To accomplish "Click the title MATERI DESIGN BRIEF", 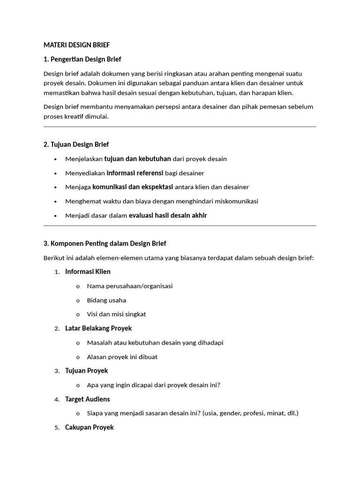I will (76, 45).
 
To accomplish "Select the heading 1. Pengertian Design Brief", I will (82, 59).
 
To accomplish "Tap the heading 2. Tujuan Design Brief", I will (76, 144).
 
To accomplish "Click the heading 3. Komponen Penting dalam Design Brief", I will (105, 243).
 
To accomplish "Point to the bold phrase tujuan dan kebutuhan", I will (137, 159).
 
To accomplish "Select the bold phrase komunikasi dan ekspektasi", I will (133, 187).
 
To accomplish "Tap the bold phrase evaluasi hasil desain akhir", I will (167, 216).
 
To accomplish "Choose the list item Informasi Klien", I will (88, 272).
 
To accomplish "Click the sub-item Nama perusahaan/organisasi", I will (130, 286).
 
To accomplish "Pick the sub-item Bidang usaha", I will (106, 300).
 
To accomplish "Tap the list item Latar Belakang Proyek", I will (98, 328).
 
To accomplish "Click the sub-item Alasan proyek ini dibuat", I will (122, 357).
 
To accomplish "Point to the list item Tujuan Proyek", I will (87, 371).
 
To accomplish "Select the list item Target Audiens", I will (88, 399).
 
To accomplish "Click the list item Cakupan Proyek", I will (90, 427).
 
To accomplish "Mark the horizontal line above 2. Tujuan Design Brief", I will (180, 127).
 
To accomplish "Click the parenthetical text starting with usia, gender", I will (250, 413).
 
